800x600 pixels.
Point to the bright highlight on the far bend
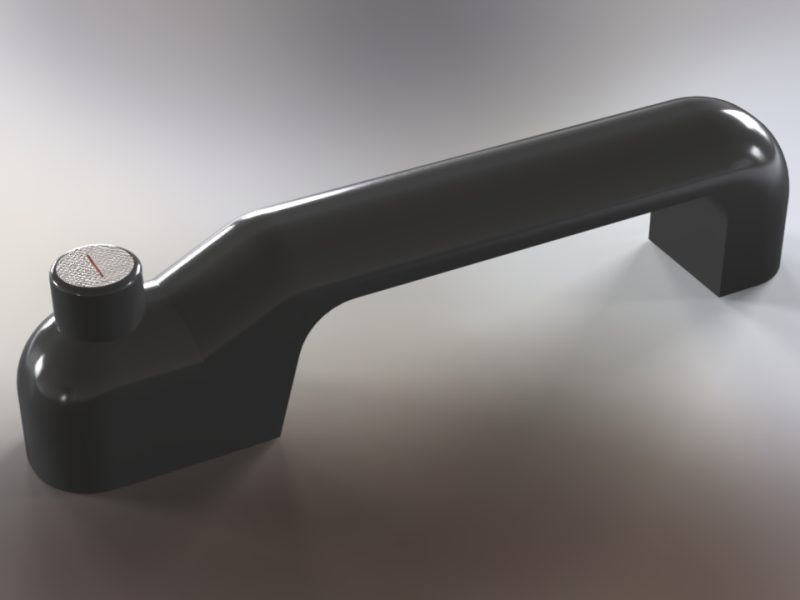tap(745, 150)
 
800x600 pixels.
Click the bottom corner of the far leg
tap(722, 293)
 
